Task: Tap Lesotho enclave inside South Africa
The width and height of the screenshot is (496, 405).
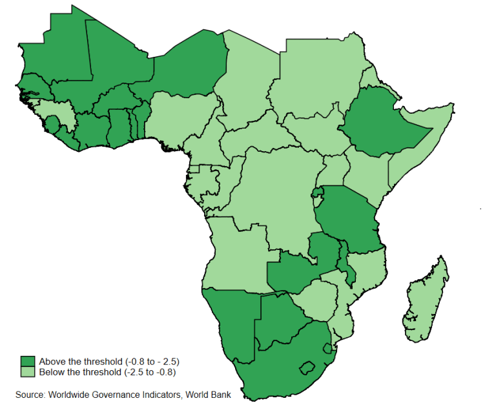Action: [x=309, y=369]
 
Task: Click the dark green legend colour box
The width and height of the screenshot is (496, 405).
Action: [x=28, y=360]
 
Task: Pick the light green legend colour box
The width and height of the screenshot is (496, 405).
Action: [x=28, y=372]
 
